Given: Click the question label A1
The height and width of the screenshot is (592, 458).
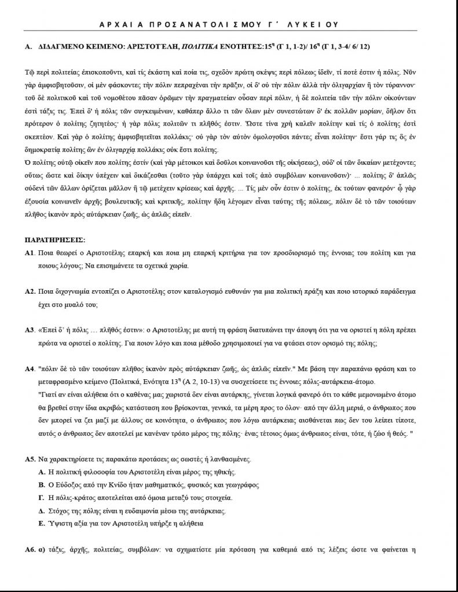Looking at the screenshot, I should [x=30, y=253].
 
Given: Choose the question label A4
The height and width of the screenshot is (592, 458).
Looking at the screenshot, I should [x=31, y=368].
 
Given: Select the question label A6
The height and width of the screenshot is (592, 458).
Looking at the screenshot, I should [x=31, y=550].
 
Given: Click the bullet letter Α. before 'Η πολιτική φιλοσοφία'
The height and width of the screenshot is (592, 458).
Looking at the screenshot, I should [x=42, y=473].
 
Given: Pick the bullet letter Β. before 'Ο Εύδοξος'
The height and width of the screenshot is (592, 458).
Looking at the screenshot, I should [x=42, y=485].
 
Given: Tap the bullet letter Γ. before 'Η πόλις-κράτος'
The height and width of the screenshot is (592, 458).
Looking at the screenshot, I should [x=42, y=498].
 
